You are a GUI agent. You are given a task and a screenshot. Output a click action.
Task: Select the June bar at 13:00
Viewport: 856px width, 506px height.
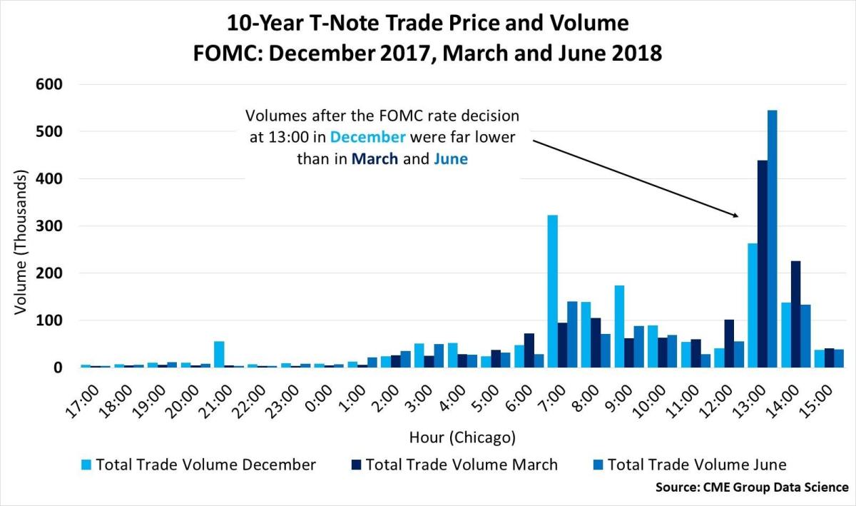[x=772, y=239]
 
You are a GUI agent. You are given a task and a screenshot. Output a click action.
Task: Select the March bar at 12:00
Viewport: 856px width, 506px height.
[x=728, y=343]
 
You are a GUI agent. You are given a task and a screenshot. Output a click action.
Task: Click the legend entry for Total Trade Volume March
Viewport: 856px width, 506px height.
[x=461, y=465]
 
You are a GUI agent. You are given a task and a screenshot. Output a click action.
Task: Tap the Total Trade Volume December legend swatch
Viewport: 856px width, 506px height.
[x=86, y=465]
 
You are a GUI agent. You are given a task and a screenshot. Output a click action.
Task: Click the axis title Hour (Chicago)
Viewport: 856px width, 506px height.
[x=462, y=436]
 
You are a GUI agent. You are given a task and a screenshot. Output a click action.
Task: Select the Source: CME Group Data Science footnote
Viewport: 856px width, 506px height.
[x=752, y=487]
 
